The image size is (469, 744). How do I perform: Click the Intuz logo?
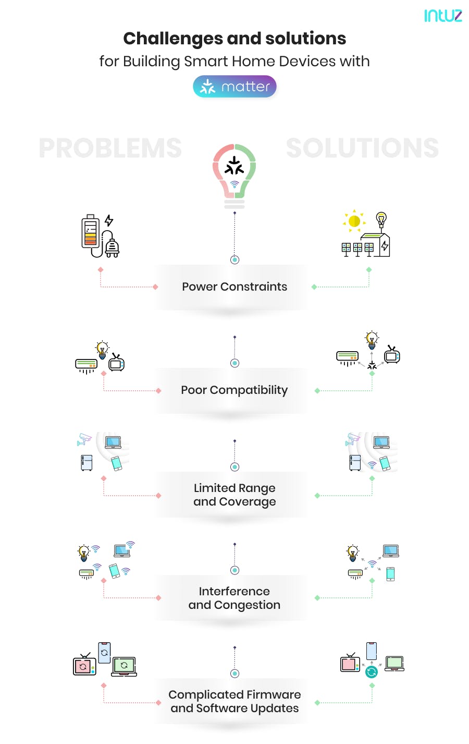tap(442, 16)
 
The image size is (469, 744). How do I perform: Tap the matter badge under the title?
tap(234, 87)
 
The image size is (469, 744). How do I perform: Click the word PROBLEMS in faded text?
tap(110, 148)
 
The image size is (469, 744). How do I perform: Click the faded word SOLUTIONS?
tap(362, 148)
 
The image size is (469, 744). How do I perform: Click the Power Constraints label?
tap(234, 286)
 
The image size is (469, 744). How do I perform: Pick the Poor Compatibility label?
tap(234, 390)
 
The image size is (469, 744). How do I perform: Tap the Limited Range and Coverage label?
tap(234, 495)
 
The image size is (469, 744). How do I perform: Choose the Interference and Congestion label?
tap(234, 598)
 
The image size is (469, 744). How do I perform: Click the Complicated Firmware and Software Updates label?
tap(234, 701)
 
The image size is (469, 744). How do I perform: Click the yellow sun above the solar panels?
tap(354, 221)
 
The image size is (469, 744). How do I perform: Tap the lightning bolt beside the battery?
tap(109, 220)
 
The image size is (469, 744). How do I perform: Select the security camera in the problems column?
tap(84, 439)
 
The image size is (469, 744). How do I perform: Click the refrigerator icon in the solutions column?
tap(355, 462)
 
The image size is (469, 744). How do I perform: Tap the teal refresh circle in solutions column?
tap(372, 672)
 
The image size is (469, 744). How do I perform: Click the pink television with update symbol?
tap(84, 665)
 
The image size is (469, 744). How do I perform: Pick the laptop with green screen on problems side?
tap(124, 666)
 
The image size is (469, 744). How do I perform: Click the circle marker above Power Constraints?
tap(234, 260)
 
